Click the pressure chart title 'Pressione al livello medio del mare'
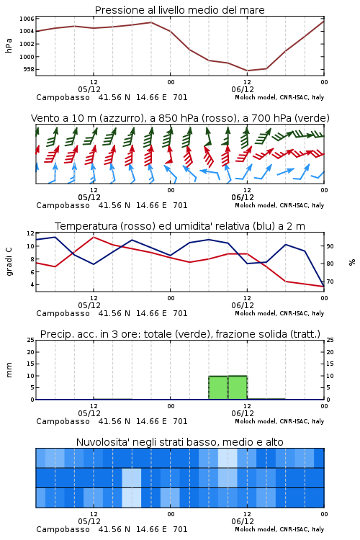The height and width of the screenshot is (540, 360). coord(179,10)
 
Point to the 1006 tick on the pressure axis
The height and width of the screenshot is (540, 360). coord(27,19)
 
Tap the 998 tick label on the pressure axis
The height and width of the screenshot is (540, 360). coord(29,70)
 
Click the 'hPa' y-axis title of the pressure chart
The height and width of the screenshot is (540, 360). coord(9,45)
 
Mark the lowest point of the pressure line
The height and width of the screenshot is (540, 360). coord(247,71)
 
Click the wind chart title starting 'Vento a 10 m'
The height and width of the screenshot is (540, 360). coord(180,118)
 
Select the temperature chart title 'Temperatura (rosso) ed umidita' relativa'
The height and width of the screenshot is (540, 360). coord(180,226)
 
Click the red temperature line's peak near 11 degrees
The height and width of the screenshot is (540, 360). coord(94,238)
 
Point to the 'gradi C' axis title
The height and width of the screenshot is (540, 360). coord(9,261)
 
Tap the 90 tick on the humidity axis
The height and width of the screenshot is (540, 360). coord(330,246)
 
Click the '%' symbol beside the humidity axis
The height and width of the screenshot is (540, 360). coord(352,262)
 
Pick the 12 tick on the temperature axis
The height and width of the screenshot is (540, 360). coord(30,233)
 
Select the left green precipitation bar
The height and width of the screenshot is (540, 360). coord(218,388)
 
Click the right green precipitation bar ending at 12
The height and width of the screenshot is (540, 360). coord(238,387)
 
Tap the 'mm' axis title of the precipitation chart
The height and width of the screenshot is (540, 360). coord(9,370)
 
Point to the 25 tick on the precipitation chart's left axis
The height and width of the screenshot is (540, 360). coord(30,340)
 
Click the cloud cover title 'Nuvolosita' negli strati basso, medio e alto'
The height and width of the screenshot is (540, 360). coord(179,442)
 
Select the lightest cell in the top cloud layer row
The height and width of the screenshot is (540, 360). coord(228,458)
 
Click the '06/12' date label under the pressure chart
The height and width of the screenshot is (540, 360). coord(243,89)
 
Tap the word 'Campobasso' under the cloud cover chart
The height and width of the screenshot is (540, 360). coord(63,529)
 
